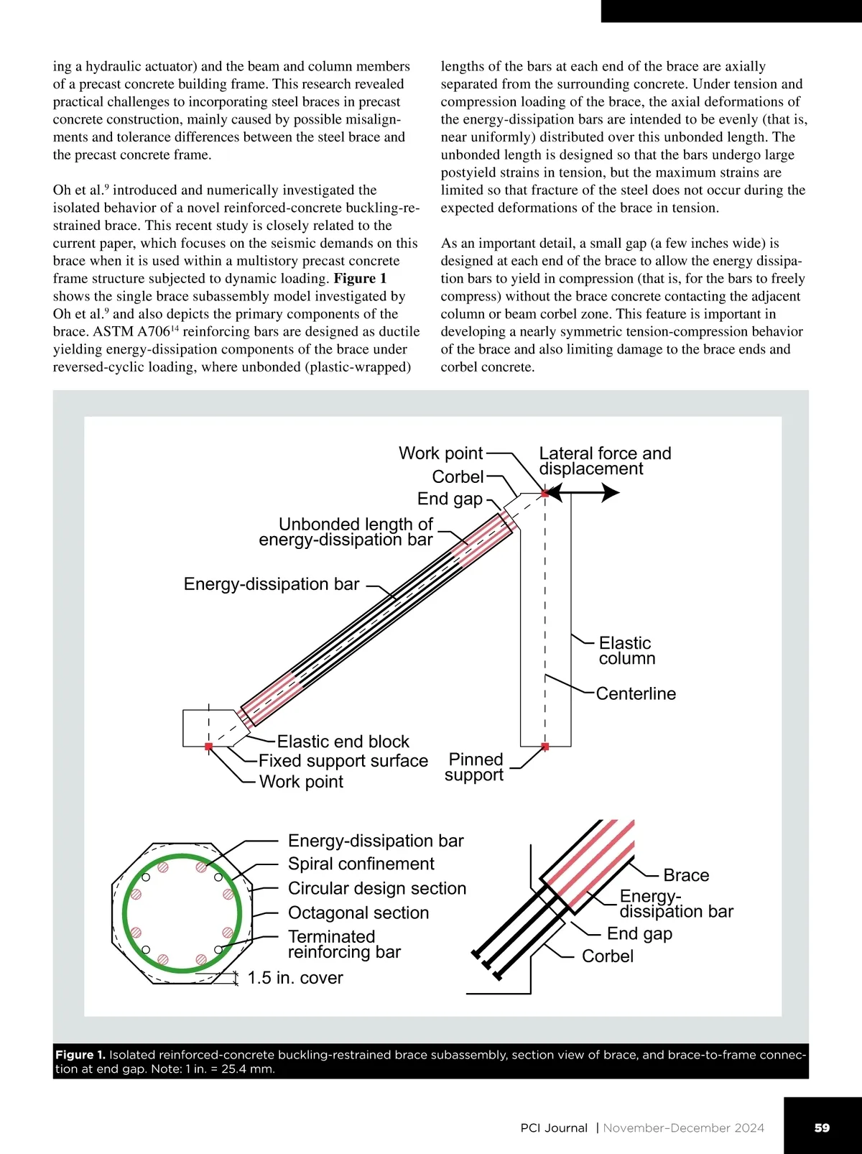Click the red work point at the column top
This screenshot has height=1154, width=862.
point(545,494)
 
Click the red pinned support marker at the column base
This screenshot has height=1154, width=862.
point(545,747)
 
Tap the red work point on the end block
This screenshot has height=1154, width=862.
point(208,747)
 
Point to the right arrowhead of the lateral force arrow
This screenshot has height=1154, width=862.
point(611,493)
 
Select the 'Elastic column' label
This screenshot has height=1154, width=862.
point(627,651)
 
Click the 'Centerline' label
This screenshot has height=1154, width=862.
point(636,693)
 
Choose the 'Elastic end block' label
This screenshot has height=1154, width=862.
point(343,742)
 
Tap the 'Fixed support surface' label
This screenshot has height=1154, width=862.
point(343,761)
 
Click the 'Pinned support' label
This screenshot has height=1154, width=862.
point(475,767)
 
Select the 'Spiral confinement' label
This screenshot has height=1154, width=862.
point(361,864)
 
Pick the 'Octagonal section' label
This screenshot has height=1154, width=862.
point(358,913)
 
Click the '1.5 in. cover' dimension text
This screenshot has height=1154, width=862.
point(295,978)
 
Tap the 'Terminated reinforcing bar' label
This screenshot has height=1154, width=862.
point(344,944)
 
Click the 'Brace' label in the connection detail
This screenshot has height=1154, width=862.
point(686,875)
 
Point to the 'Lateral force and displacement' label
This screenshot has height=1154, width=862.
point(605,461)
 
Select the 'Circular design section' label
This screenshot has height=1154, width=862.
point(377,888)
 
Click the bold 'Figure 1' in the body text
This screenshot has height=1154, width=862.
point(360,279)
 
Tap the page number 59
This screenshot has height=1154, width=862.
point(822,1128)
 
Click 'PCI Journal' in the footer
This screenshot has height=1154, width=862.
point(554,1128)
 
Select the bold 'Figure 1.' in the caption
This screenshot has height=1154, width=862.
point(80,1055)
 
